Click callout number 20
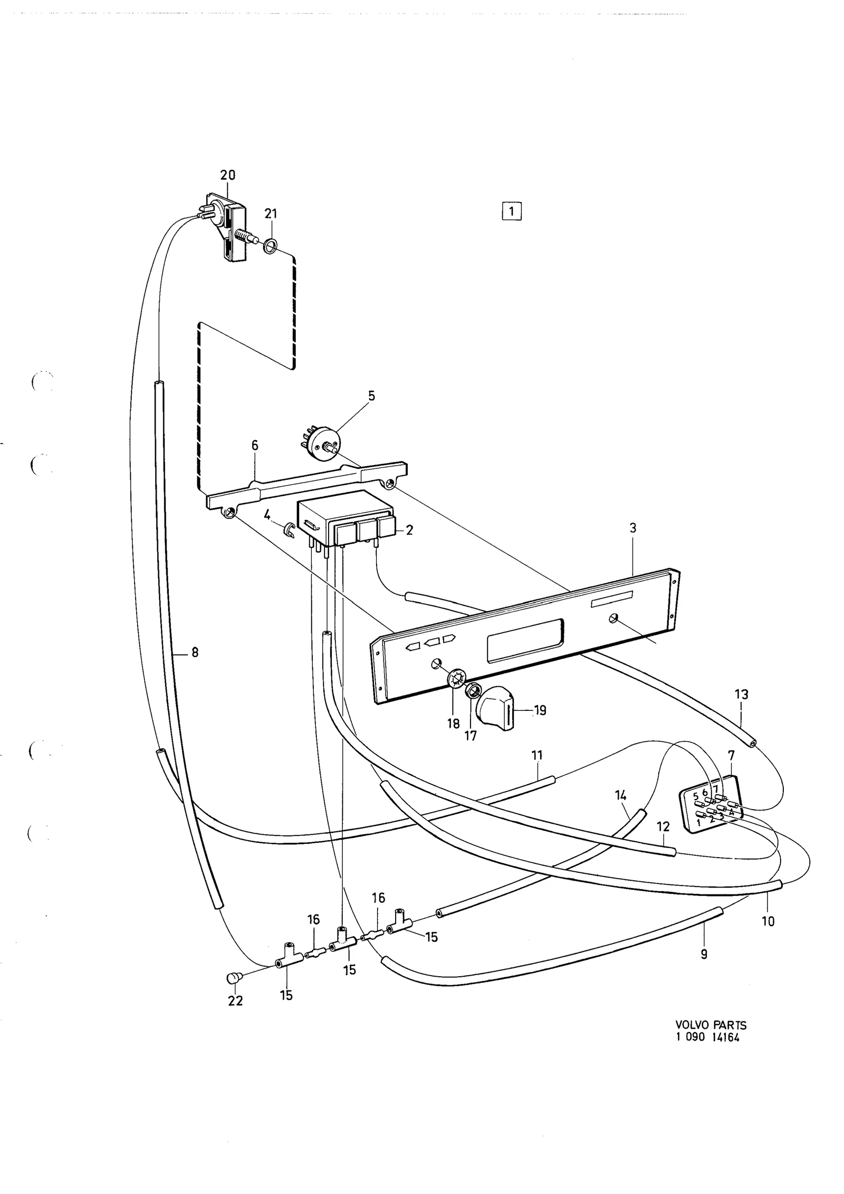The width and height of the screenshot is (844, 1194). pyautogui.click(x=228, y=175)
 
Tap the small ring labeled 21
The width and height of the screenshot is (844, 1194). pyautogui.click(x=271, y=245)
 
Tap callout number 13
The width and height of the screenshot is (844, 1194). pyautogui.click(x=741, y=695)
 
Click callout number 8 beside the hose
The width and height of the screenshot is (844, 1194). pyautogui.click(x=195, y=652)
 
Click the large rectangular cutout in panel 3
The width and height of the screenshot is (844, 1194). pyautogui.click(x=525, y=640)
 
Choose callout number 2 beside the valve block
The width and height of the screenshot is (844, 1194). pyautogui.click(x=409, y=530)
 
